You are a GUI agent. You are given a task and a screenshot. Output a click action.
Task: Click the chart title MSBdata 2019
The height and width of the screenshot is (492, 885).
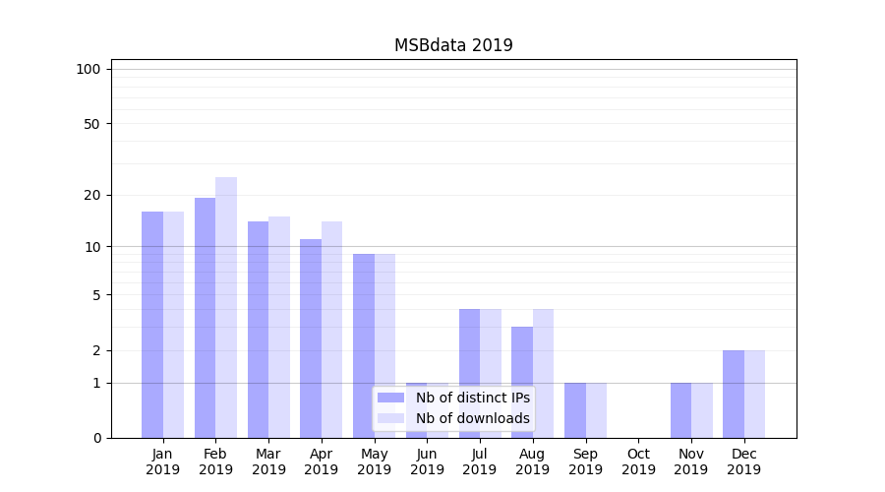coord(453,45)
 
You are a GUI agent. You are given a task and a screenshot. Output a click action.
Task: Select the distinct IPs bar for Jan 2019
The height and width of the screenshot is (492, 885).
coord(152,325)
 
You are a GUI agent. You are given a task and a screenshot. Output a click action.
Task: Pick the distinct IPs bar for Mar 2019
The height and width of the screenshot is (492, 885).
coord(258,330)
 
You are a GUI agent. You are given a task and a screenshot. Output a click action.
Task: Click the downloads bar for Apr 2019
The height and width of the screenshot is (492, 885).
coord(331,330)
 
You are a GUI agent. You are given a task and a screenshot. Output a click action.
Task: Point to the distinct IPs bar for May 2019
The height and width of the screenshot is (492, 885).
coord(364,345)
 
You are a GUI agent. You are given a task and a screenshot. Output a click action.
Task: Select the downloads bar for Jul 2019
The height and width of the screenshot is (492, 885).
coord(491,373)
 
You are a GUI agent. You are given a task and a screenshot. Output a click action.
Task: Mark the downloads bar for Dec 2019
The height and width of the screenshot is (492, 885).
coord(754,394)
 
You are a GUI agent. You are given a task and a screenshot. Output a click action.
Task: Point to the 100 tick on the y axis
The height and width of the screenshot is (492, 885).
coord(88,69)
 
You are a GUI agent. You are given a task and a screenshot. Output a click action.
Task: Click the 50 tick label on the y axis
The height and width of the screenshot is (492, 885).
coord(91,124)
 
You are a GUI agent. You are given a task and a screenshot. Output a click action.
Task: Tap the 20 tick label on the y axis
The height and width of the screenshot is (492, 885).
coord(91,195)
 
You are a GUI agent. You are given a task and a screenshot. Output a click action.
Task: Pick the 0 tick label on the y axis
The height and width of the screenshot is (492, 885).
coord(96,438)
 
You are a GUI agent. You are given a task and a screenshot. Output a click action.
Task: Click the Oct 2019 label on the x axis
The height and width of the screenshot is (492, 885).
coord(638,461)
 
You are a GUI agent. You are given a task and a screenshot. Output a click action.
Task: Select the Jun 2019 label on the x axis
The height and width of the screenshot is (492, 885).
coord(427,461)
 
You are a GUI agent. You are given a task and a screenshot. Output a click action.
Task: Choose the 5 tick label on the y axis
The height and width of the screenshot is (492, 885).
coord(96,295)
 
